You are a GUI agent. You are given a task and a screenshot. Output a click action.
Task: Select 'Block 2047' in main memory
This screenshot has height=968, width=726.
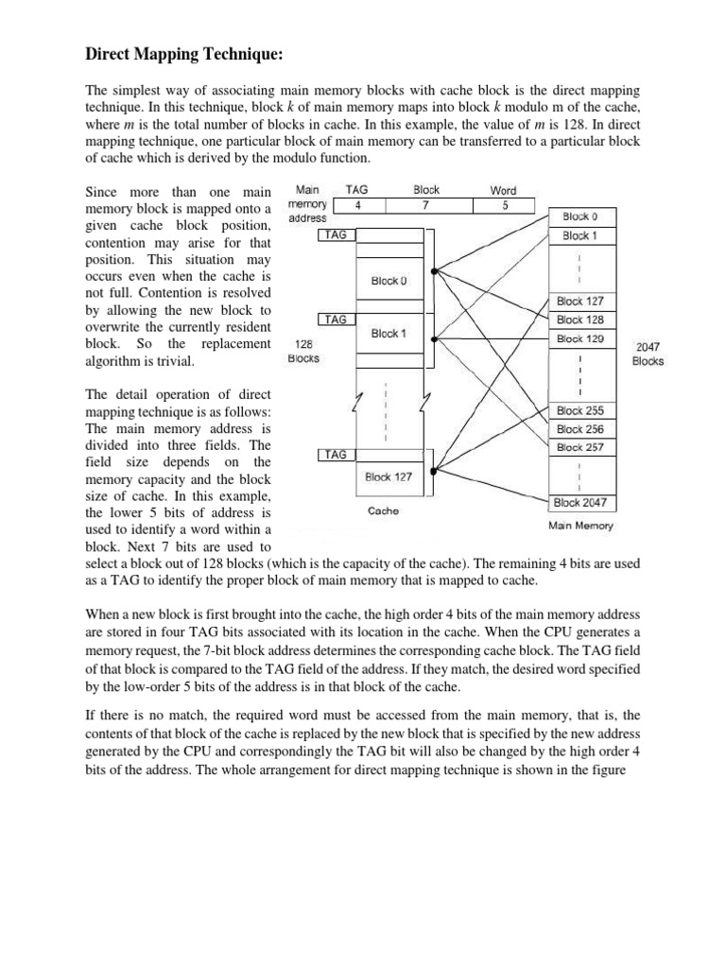pos(580,502)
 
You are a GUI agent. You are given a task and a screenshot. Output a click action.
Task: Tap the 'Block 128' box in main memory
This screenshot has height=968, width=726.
pos(580,320)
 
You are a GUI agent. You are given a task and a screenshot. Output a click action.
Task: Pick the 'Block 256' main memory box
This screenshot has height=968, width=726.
pos(580,428)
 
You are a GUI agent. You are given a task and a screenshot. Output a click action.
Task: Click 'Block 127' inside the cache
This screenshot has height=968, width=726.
pos(389,477)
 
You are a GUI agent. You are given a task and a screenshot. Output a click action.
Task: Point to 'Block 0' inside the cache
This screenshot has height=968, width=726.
pos(389,281)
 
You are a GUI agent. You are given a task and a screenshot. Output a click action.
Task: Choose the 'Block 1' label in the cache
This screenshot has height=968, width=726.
pos(389,334)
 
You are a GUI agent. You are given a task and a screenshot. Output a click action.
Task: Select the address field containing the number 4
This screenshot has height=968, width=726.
pos(356,205)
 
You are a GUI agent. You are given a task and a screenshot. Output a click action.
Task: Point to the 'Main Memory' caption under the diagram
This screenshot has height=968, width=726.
pos(580,527)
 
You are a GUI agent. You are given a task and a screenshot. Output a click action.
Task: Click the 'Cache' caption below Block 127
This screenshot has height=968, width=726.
pos(383,510)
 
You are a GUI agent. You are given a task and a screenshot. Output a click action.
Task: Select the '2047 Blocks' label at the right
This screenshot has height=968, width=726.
pos(648,354)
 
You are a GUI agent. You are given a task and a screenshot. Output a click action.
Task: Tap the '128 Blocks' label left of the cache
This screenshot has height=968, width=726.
pos(303,352)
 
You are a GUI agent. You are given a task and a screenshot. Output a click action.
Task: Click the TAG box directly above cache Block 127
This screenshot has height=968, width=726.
pos(336,455)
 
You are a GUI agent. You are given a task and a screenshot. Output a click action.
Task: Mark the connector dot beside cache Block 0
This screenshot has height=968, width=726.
pos(434,272)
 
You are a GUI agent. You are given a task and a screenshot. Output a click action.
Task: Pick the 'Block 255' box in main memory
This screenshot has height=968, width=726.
pos(580,411)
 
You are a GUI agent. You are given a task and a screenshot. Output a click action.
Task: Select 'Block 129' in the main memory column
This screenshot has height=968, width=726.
pos(580,338)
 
